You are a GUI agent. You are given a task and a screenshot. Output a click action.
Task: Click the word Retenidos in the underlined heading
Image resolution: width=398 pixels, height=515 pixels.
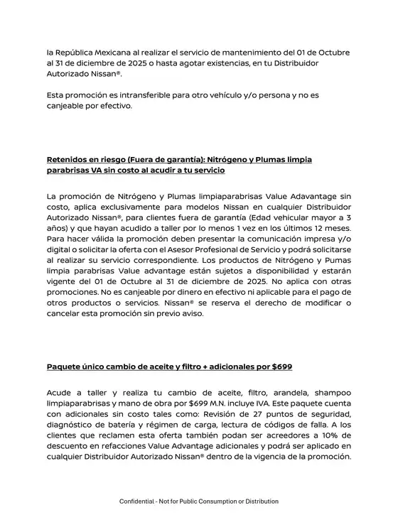70,159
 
